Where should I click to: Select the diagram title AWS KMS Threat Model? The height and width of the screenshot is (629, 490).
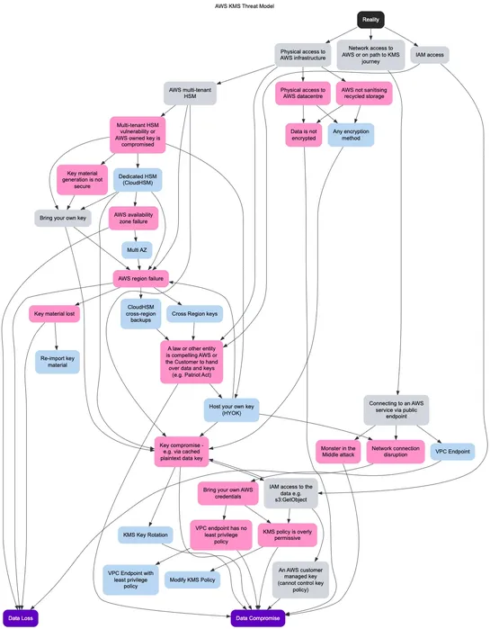pos(245,5)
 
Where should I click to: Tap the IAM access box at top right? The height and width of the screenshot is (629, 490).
pos(430,55)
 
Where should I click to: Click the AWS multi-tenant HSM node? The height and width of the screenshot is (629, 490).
pos(191,94)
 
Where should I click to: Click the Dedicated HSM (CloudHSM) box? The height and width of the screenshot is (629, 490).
pos(137,179)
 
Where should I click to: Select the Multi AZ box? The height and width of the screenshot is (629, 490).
pos(137,249)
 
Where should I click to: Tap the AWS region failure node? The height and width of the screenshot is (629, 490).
pos(141,279)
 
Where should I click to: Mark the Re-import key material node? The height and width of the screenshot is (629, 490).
pos(58,361)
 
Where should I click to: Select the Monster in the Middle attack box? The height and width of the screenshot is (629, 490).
pos(338,452)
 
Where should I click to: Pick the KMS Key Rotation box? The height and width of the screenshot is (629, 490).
pos(146,535)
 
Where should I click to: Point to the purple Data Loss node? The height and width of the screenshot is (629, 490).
pos(20,618)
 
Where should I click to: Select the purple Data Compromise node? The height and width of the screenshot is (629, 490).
pos(258,618)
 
